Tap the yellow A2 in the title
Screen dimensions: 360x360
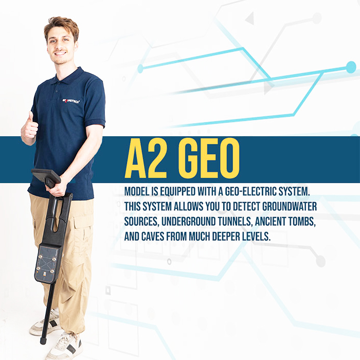(146, 158)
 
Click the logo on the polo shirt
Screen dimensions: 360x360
(71, 101)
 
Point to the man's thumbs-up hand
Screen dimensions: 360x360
(29, 126)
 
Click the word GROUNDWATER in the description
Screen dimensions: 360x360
(290, 206)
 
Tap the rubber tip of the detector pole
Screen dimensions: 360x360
(43, 340)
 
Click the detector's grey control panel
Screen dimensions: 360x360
(47, 263)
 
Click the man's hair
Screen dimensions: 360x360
(62, 26)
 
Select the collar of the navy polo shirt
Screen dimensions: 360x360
(69, 76)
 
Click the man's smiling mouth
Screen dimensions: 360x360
(61, 53)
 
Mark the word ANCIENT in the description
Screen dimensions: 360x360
(269, 222)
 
